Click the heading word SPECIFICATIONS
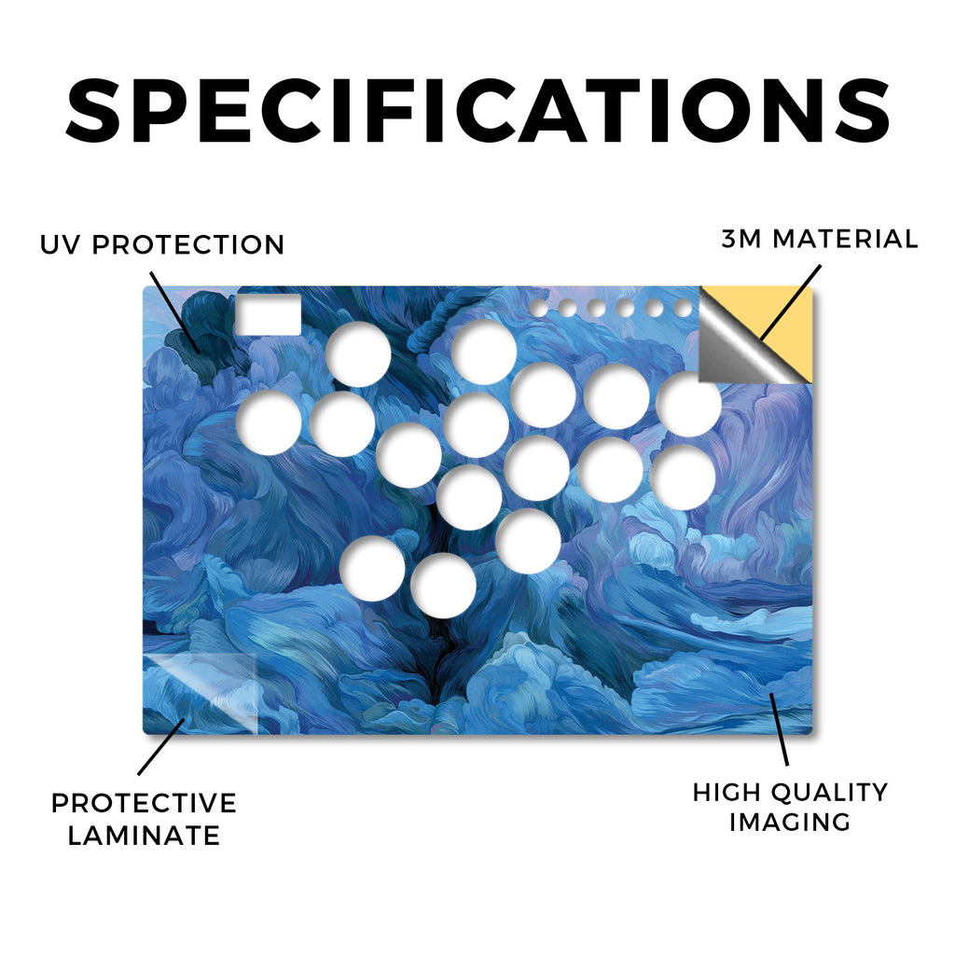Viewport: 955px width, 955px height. (478, 111)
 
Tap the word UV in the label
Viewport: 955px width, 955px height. (60, 245)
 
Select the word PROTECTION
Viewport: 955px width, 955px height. (188, 245)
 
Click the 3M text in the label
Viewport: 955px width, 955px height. (741, 239)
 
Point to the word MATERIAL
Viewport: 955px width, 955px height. (845, 239)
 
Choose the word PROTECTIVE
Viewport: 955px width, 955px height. (144, 803)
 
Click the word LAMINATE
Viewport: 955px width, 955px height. (144, 835)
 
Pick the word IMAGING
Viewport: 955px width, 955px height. (790, 823)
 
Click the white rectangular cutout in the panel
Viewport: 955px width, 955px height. (269, 315)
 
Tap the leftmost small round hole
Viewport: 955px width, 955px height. (538, 308)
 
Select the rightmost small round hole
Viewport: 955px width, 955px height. (684, 308)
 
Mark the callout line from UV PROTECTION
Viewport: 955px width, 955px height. (174, 311)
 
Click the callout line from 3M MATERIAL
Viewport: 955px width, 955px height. (791, 302)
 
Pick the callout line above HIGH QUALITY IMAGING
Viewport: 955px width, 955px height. (779, 729)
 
